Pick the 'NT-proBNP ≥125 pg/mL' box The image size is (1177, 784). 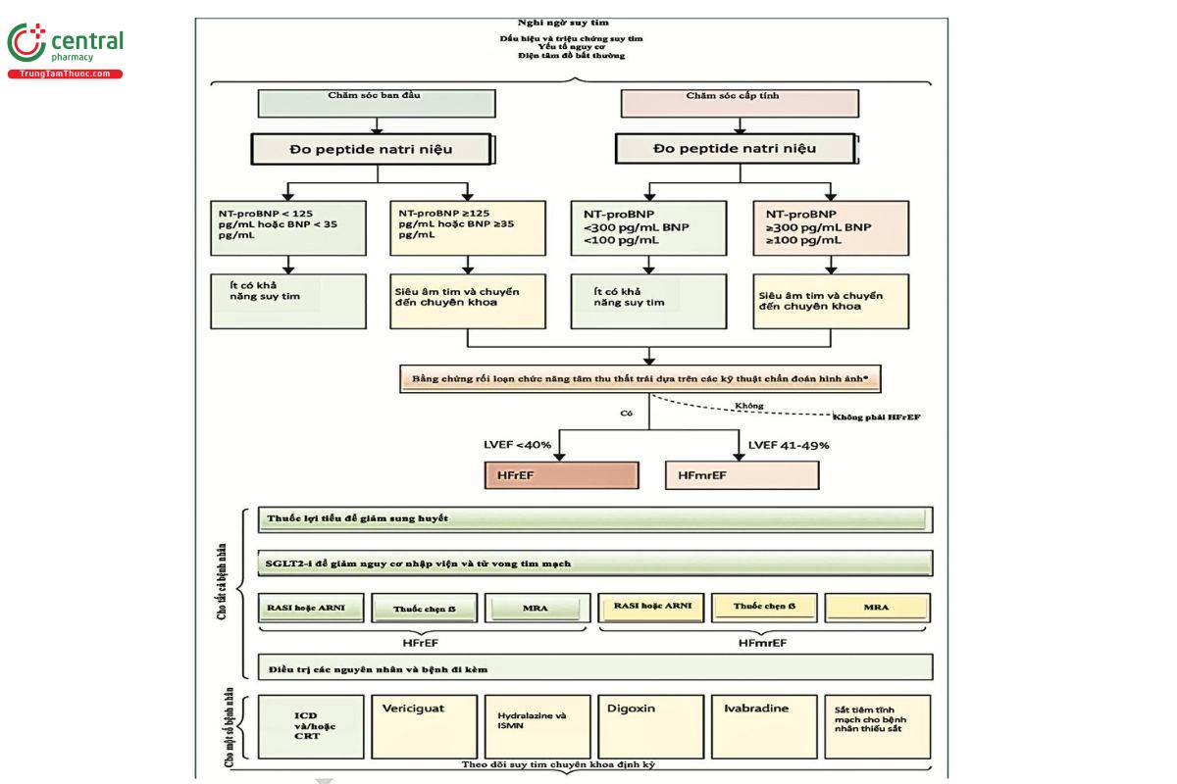467,227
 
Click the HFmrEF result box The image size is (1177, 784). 742,475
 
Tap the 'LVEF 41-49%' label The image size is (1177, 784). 789,444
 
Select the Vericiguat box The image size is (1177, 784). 424,726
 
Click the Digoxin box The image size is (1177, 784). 651,726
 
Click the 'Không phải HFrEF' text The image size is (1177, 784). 877,416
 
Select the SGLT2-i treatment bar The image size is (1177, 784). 595,563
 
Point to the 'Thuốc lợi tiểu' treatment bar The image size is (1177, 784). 595,519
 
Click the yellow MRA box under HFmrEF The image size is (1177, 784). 877,608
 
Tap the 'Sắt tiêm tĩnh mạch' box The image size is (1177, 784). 877,726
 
